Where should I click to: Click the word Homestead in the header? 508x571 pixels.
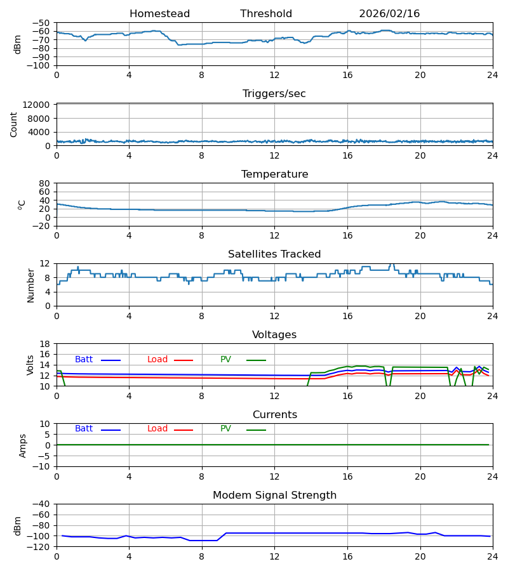click(159, 14)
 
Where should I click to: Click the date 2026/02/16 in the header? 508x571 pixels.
click(389, 14)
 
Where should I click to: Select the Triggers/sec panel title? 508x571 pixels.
click(274, 94)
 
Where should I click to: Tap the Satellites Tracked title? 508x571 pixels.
click(274, 254)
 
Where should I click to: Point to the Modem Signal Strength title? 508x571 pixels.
click(274, 496)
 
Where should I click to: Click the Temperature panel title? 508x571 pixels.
click(274, 174)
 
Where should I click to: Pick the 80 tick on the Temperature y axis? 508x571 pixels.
click(45, 183)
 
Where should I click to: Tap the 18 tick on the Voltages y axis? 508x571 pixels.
click(45, 344)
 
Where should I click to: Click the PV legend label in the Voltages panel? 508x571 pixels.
click(225, 360)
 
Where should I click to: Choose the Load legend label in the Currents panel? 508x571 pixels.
click(157, 429)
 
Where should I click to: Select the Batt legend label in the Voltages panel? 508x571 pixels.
click(84, 360)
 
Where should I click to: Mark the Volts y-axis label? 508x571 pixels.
click(30, 365)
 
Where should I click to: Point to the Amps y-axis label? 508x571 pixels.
click(23, 445)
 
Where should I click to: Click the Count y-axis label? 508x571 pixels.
click(14, 124)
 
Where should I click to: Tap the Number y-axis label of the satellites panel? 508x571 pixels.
click(30, 285)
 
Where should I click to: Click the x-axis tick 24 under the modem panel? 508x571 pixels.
click(493, 556)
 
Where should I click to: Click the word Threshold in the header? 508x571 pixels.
click(266, 14)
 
